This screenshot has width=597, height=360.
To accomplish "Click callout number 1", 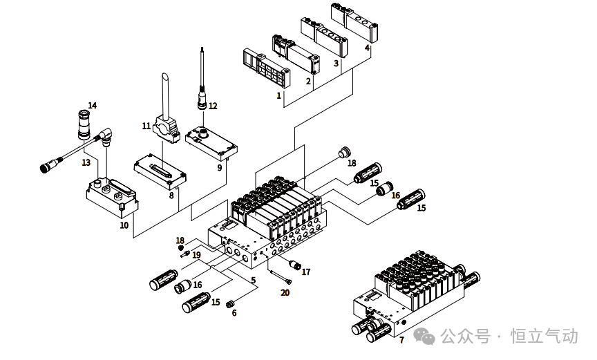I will point(279,95).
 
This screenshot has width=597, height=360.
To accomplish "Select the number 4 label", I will point(367,48).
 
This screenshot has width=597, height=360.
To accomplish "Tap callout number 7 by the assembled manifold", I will point(401,340).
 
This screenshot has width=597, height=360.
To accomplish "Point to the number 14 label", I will point(92,106).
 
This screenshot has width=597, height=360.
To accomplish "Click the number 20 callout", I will point(285,292).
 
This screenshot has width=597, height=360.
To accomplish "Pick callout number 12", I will point(213,106).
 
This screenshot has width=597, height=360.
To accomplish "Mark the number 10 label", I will point(124,225).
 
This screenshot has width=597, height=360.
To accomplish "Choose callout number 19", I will point(196,255).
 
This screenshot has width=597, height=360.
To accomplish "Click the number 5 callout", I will point(253,281).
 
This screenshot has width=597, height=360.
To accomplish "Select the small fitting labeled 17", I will point(296,265).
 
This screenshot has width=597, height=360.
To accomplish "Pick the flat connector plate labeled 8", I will point(160,170).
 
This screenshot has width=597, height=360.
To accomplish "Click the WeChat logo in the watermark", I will point(425,337).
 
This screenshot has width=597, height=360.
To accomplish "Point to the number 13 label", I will point(86,163).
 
